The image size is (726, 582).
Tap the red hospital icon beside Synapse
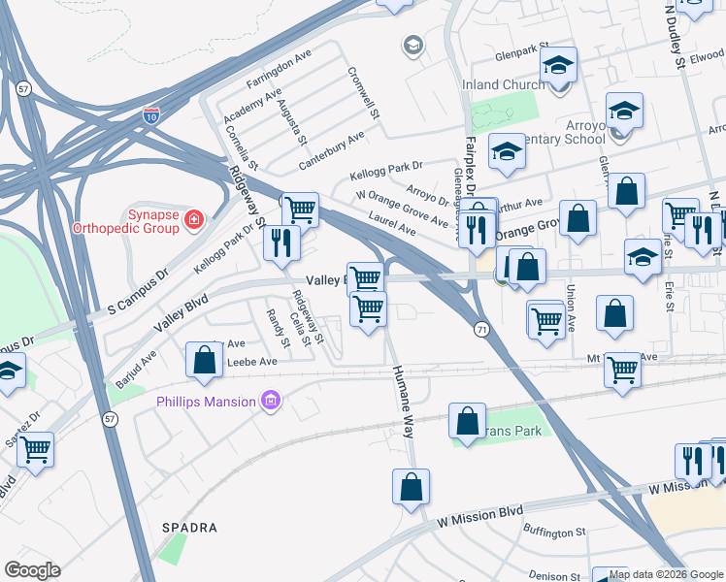click(x=194, y=220)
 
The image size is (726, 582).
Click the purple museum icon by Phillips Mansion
click(x=271, y=401)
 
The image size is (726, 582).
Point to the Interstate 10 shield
click(x=151, y=115)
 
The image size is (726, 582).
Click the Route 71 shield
click(x=479, y=331)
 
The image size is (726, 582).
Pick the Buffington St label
click(x=554, y=532)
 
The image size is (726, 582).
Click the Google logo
click(x=32, y=570)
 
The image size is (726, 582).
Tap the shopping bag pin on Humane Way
click(x=411, y=487)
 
